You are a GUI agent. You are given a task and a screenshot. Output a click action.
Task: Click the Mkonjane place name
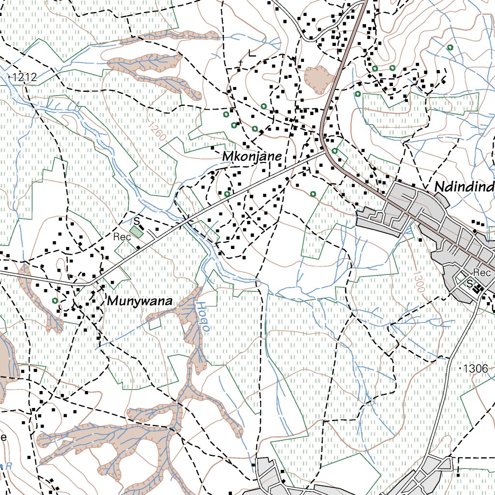[x=252, y=157]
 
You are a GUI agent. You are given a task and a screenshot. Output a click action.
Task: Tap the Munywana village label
[x=140, y=301]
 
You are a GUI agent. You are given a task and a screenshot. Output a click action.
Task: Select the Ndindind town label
[x=464, y=187]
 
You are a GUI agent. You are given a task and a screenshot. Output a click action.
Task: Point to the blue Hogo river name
[x=203, y=317]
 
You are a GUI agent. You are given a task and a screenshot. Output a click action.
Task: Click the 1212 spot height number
[x=25, y=76]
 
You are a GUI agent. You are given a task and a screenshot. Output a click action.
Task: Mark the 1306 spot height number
[x=475, y=368]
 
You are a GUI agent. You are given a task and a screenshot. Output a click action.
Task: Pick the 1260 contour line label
[x=158, y=131]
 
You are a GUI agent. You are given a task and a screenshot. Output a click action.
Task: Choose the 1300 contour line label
[x=419, y=281]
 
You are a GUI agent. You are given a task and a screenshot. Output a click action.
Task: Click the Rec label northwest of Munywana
[x=122, y=237]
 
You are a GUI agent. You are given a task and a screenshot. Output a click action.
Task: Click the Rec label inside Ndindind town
[x=482, y=273]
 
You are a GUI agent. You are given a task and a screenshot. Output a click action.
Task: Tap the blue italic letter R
[x=9, y=466]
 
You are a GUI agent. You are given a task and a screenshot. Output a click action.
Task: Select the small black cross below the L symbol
[x=240, y=63]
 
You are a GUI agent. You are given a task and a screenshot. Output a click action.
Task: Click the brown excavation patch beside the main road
[x=319, y=76]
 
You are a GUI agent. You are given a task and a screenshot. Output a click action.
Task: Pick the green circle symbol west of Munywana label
[x=55, y=301]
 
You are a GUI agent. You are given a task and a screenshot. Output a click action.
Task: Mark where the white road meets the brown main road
[x=324, y=151]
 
